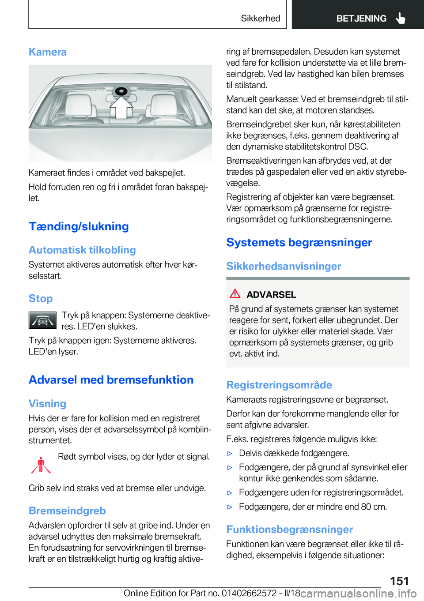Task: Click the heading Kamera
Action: [x=48, y=52]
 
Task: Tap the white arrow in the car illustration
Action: [x=121, y=108]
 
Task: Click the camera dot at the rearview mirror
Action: [x=121, y=92]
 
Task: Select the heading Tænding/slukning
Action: [x=79, y=226]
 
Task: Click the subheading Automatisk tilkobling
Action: [x=82, y=250]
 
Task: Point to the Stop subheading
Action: [x=41, y=299]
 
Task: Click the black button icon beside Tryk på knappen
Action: [x=42, y=320]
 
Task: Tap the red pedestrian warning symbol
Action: [x=41, y=465]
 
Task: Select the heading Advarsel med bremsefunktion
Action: [x=111, y=380]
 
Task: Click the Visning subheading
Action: [x=47, y=404]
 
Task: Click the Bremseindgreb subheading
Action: [x=67, y=511]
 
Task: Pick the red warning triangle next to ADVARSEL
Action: [x=235, y=293]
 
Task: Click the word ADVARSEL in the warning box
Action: [x=271, y=295]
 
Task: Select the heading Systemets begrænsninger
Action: [x=299, y=243]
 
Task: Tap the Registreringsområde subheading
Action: [x=279, y=385]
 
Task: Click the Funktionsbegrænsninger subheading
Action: [x=289, y=529]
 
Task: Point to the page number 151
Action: [x=399, y=581]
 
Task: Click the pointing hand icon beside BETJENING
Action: [x=401, y=18]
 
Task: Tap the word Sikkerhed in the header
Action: [x=260, y=18]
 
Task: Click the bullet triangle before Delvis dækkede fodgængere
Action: [x=230, y=453]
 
